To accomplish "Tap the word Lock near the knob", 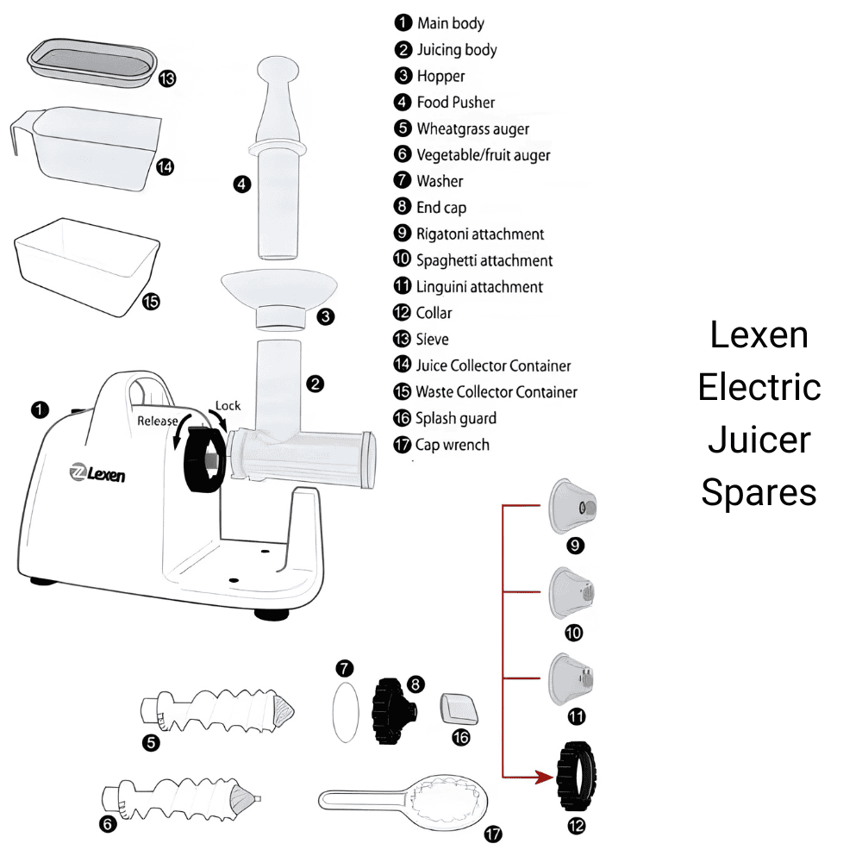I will click(x=228, y=406).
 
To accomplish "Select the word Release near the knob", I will click(x=158, y=421).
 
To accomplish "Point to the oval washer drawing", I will click(x=345, y=710).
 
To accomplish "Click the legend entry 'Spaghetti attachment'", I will click(x=484, y=260).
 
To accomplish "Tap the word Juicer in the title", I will click(x=759, y=440).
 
